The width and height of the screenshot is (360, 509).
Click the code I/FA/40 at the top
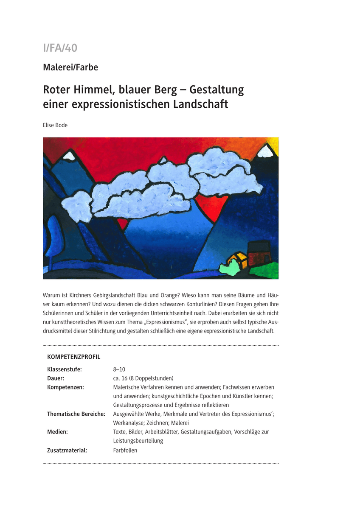pos(60,48)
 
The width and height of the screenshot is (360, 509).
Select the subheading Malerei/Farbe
pos(70,67)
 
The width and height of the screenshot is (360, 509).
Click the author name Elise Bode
pos(56,125)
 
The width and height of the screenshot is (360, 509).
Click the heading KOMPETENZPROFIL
pos(73,357)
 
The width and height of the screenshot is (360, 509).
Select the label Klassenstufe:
pos(64,369)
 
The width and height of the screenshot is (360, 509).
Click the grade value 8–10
pos(119,369)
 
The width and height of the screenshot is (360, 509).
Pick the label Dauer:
pos(56,378)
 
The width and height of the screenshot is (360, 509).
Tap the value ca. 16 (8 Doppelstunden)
pos(143,378)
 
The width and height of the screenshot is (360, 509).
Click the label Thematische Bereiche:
pos(76,414)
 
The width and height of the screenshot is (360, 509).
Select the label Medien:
pos(57,432)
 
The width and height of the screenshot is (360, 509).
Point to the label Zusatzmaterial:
pos(67,450)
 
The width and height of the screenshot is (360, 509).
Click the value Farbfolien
pos(125,450)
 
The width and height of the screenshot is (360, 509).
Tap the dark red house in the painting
pos(259,254)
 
